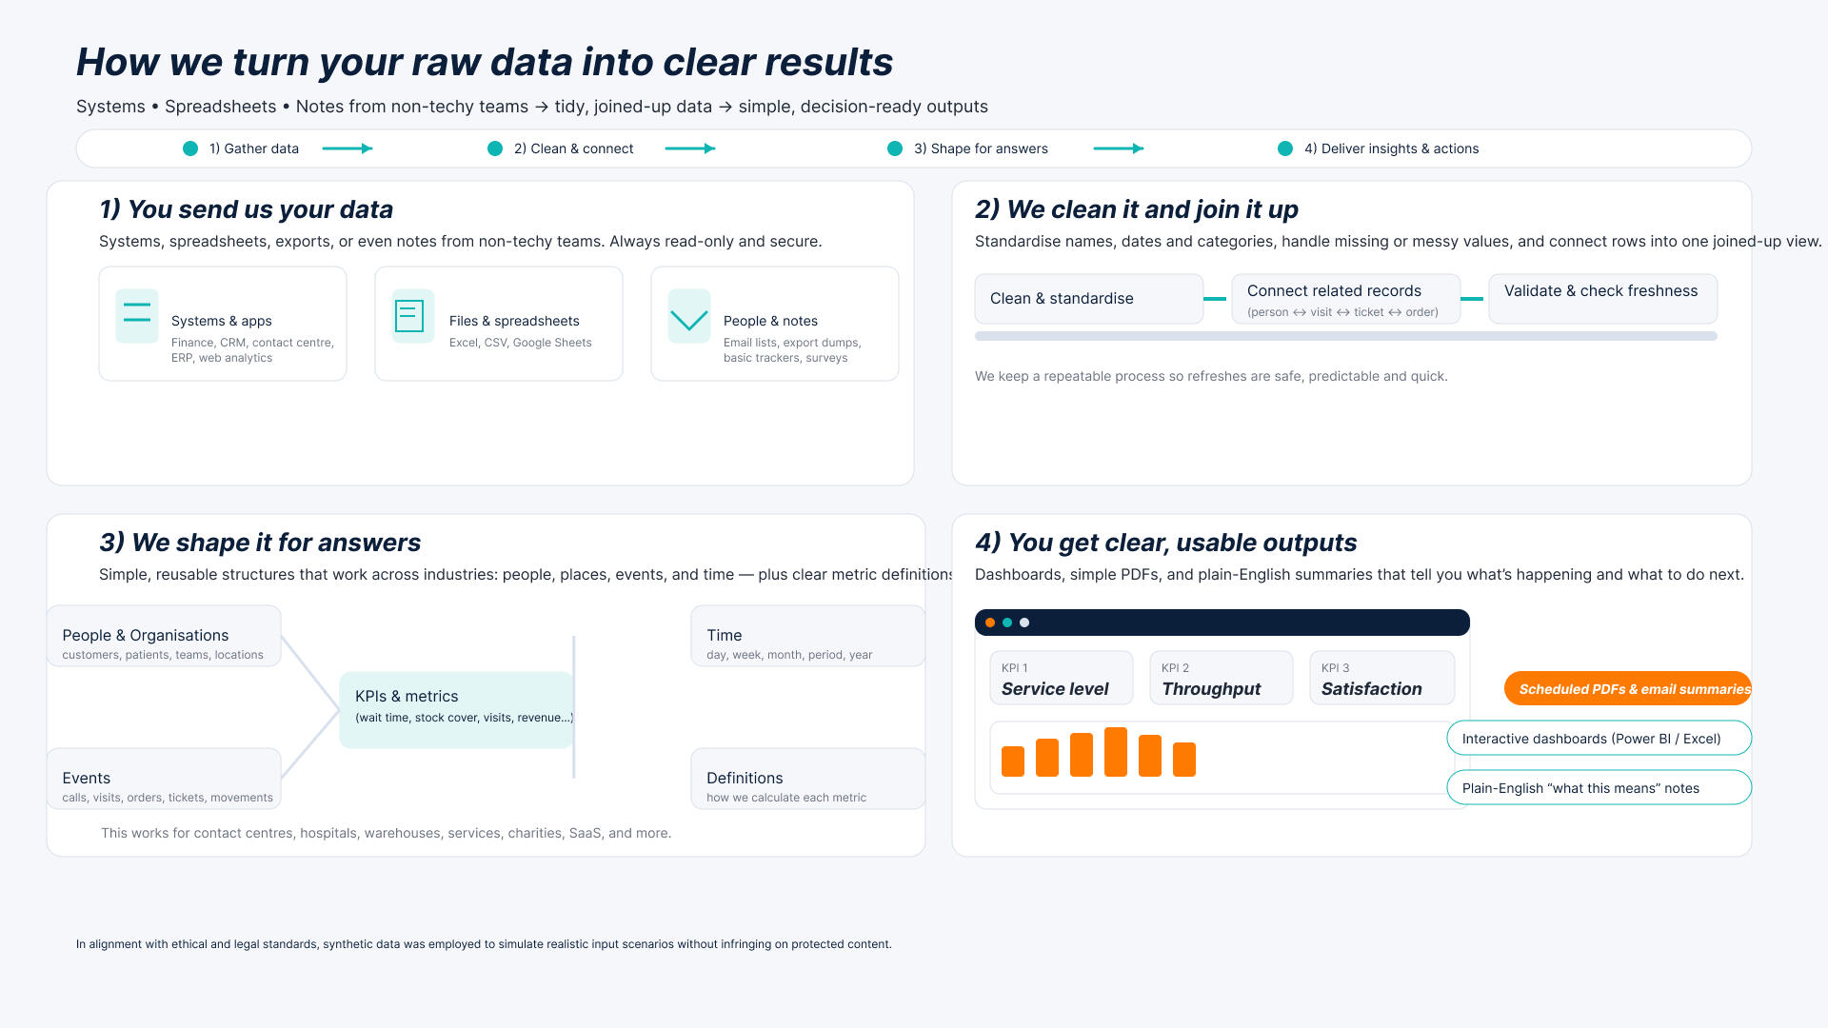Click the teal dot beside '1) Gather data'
pos(190,148)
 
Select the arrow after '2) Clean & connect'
pos(690,148)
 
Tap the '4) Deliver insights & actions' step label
pos(1391,148)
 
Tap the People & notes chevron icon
pos(689,317)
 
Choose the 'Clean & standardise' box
pos(1088,299)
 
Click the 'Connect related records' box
pos(1345,299)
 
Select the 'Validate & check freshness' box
pos(1602,299)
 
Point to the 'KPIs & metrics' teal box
pos(456,709)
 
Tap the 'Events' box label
pos(87,778)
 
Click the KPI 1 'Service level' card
pos(1062,678)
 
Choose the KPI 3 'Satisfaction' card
pos(1381,678)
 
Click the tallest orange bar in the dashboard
pos(1116,752)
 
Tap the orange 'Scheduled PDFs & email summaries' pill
pos(1627,688)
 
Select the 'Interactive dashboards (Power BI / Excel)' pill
pos(1599,739)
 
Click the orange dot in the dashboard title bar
pos(990,623)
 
